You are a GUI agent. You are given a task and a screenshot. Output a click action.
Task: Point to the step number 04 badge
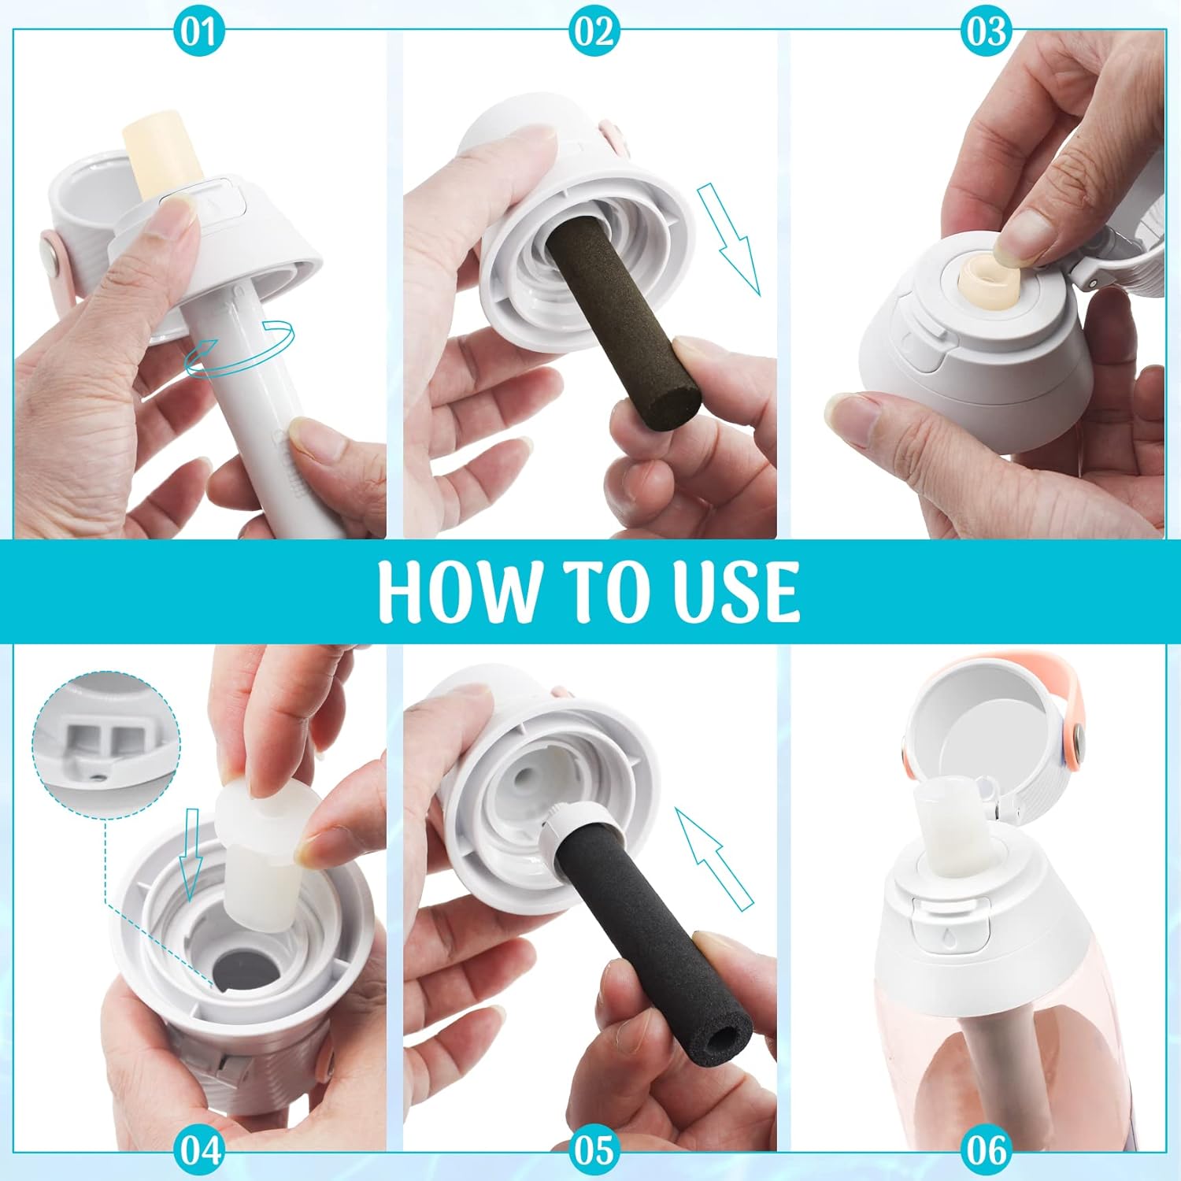[202, 1150]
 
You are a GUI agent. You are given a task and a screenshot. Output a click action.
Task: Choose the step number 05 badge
[593, 1150]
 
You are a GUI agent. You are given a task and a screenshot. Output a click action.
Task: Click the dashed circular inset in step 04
[106, 745]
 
